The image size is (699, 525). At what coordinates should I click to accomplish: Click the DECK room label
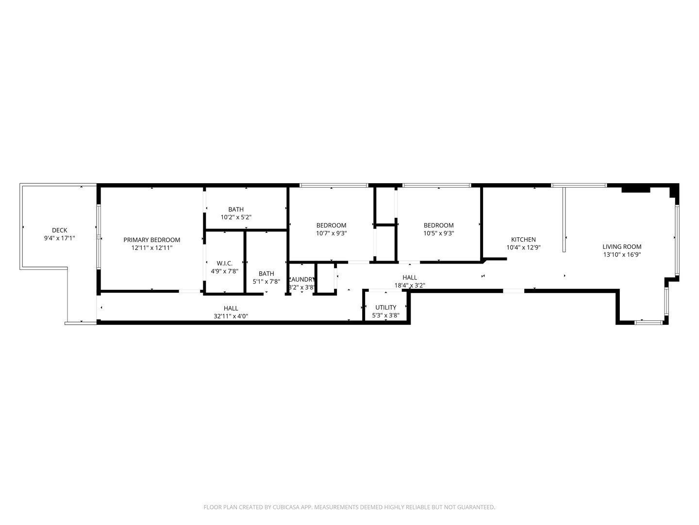click(60, 230)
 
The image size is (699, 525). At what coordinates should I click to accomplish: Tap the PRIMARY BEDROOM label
click(151, 240)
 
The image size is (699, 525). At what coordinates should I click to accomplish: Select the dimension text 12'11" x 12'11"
click(151, 247)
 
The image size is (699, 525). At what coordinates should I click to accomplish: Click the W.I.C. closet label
click(224, 263)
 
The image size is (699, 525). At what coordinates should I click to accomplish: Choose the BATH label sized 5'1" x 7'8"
click(266, 274)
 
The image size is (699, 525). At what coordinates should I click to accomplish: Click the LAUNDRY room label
click(302, 280)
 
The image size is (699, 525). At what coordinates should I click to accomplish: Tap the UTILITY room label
click(386, 307)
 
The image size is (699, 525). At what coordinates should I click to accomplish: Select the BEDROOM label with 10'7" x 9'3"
click(331, 225)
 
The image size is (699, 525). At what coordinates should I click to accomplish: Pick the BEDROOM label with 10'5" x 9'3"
click(438, 225)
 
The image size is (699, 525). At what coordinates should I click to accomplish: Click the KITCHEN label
click(523, 239)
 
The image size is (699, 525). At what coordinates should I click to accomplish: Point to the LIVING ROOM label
click(622, 246)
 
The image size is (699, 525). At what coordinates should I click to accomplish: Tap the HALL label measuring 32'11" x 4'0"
click(231, 308)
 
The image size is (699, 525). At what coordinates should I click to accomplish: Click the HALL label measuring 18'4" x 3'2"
click(410, 278)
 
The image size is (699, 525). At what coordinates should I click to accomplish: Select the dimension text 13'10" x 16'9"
click(622, 254)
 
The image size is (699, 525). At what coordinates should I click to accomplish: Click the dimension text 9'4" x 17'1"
click(60, 238)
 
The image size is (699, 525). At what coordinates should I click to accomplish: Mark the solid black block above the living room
click(635, 189)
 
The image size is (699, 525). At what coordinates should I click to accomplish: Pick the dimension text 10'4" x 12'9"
click(523, 247)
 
